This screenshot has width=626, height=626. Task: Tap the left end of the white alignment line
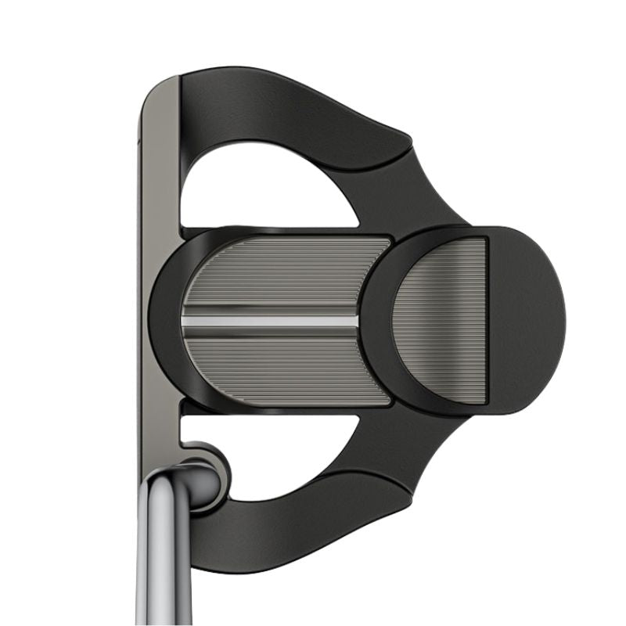point(185,322)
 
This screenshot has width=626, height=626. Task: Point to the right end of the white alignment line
point(356,322)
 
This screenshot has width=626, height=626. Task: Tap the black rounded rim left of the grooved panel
point(164,321)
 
